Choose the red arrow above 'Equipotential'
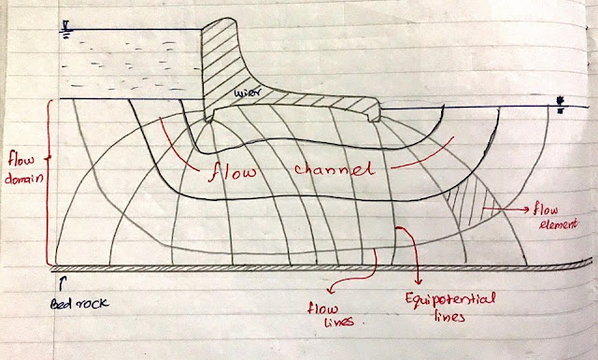(x=412, y=252)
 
